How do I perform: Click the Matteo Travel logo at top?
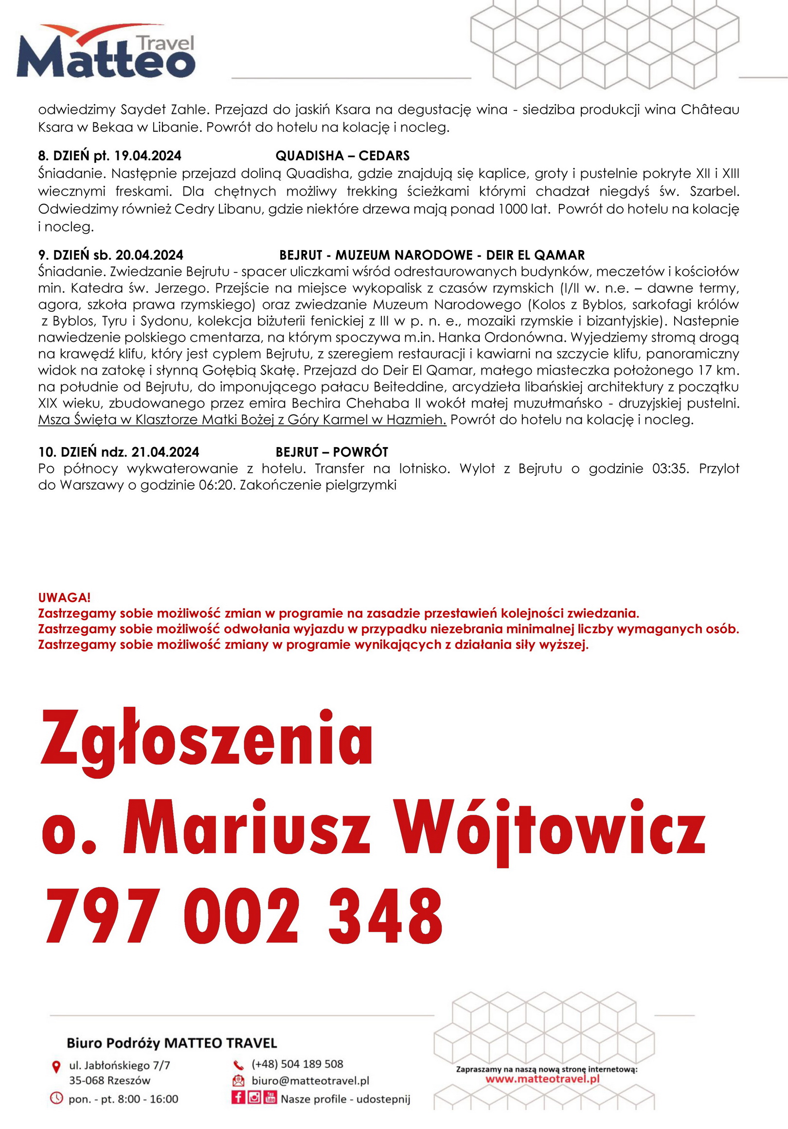pyautogui.click(x=106, y=52)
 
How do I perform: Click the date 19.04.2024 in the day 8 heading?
pyautogui.click(x=147, y=156)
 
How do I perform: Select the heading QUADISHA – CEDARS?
pyautogui.click(x=342, y=156)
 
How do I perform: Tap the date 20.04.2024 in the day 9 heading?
pyautogui.click(x=149, y=255)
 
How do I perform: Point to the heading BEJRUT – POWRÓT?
pyautogui.click(x=332, y=452)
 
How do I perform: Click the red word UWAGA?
pyautogui.click(x=64, y=597)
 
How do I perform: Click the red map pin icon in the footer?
pyautogui.click(x=56, y=1066)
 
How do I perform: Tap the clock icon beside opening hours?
pyautogui.click(x=56, y=1097)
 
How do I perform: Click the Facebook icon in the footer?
pyautogui.click(x=238, y=1097)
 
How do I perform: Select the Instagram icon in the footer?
pyautogui.click(x=254, y=1097)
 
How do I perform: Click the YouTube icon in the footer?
pyautogui.click(x=270, y=1097)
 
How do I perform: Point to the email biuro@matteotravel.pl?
pyautogui.click(x=310, y=1081)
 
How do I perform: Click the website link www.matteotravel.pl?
pyautogui.click(x=542, y=1079)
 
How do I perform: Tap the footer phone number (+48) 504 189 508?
pyautogui.click(x=297, y=1064)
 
